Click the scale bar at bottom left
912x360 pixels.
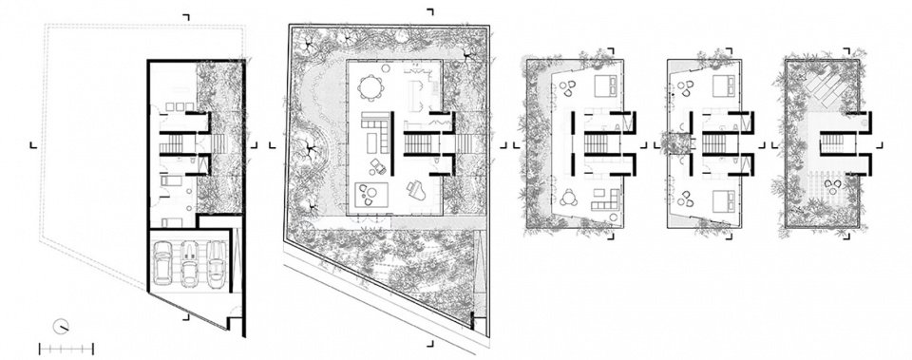tap(66, 348)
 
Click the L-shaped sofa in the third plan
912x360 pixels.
tap(604, 200)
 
